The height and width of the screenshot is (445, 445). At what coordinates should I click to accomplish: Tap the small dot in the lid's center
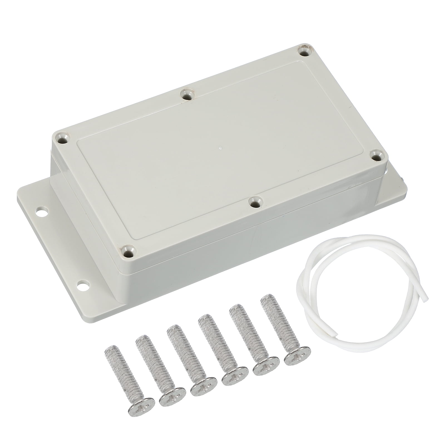click(219, 148)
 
